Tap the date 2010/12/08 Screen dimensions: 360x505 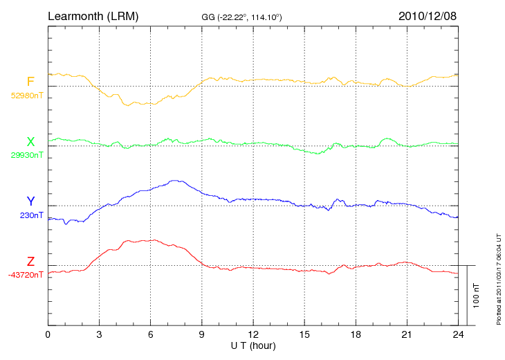(x=428, y=15)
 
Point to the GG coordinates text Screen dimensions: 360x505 (x=241, y=16)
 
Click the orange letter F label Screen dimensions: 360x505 (x=30, y=82)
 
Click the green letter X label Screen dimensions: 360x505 (x=30, y=142)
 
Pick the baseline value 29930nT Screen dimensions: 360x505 (x=26, y=155)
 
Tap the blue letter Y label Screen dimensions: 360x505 (x=30, y=201)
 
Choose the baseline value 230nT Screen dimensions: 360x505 (x=32, y=215)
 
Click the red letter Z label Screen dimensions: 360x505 (x=30, y=262)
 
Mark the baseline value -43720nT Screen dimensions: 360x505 (x=26, y=275)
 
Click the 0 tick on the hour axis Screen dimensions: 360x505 (x=48, y=334)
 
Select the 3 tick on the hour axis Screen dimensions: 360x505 (x=99, y=334)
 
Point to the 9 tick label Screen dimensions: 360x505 (x=202, y=334)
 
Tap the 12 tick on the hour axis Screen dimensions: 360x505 (x=253, y=334)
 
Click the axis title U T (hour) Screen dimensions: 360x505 (x=253, y=345)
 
